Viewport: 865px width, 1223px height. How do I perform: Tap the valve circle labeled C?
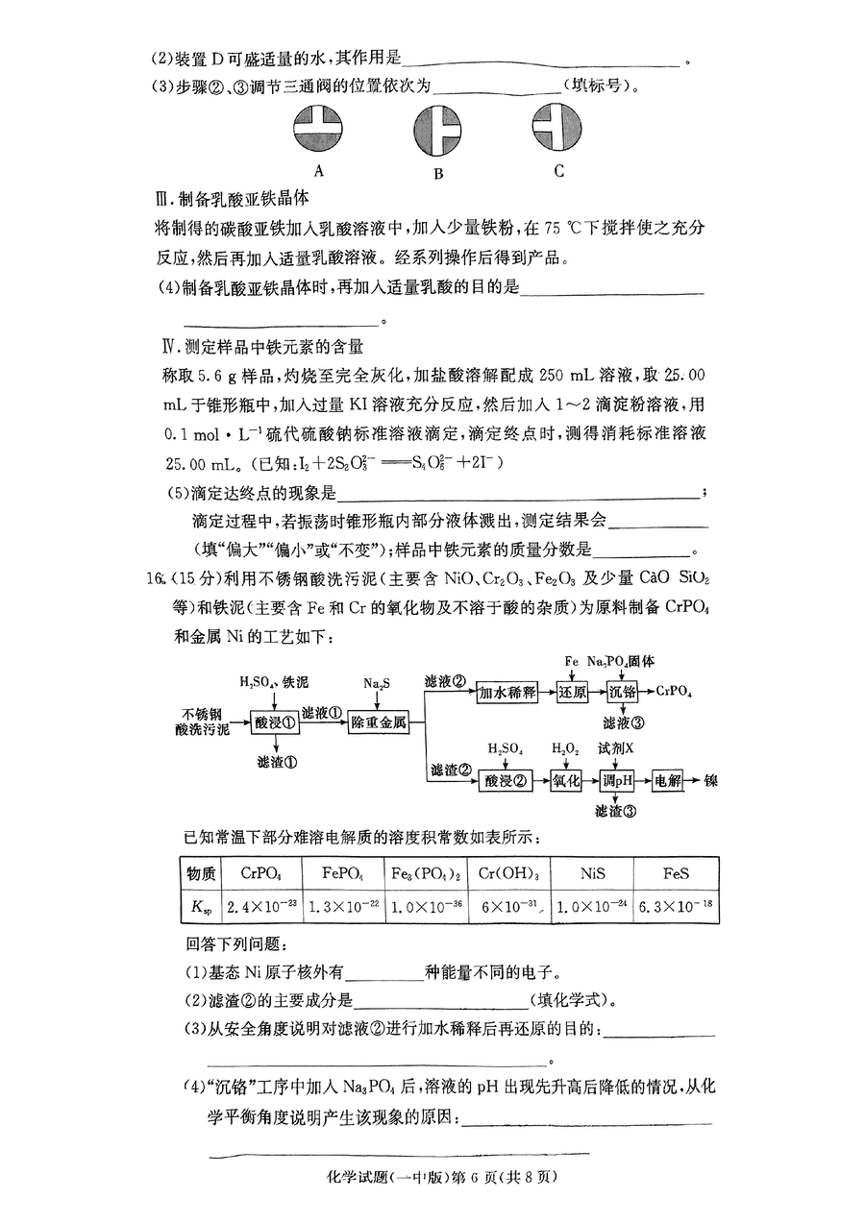(558, 128)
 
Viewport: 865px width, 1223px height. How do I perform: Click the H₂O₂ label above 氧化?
(564, 747)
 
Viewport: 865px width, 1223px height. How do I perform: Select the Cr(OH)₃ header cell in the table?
(509, 874)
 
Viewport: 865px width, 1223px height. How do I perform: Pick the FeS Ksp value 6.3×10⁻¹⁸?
(676, 906)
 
